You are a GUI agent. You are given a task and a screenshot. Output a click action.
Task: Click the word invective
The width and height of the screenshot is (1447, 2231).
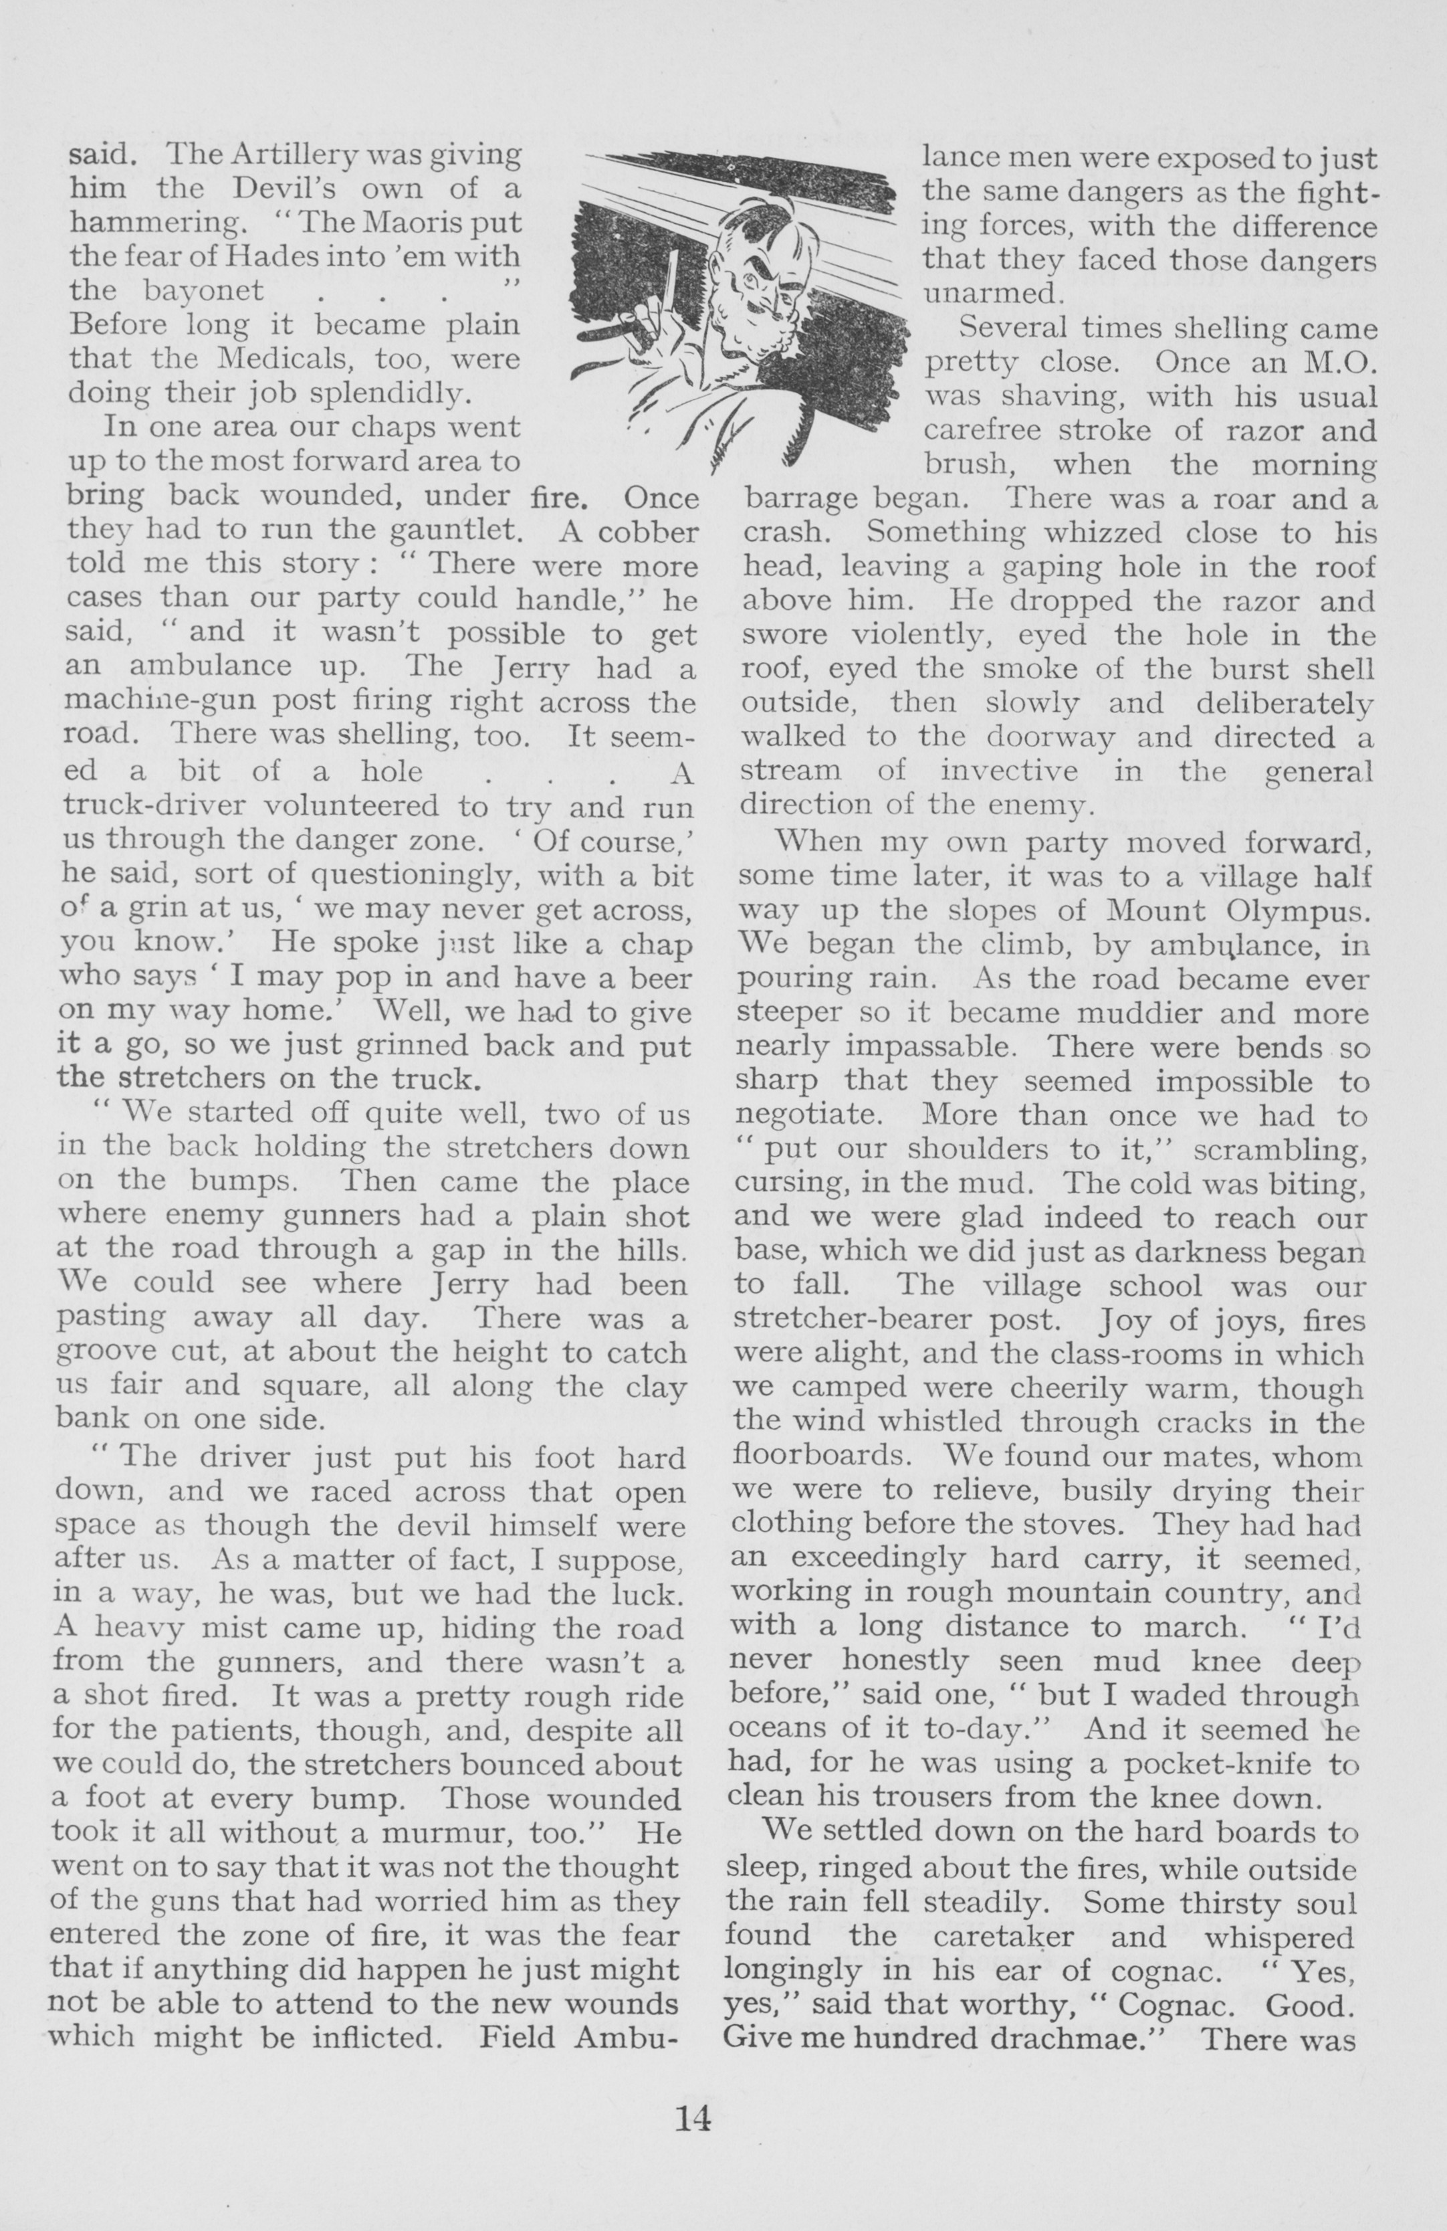1008,771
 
